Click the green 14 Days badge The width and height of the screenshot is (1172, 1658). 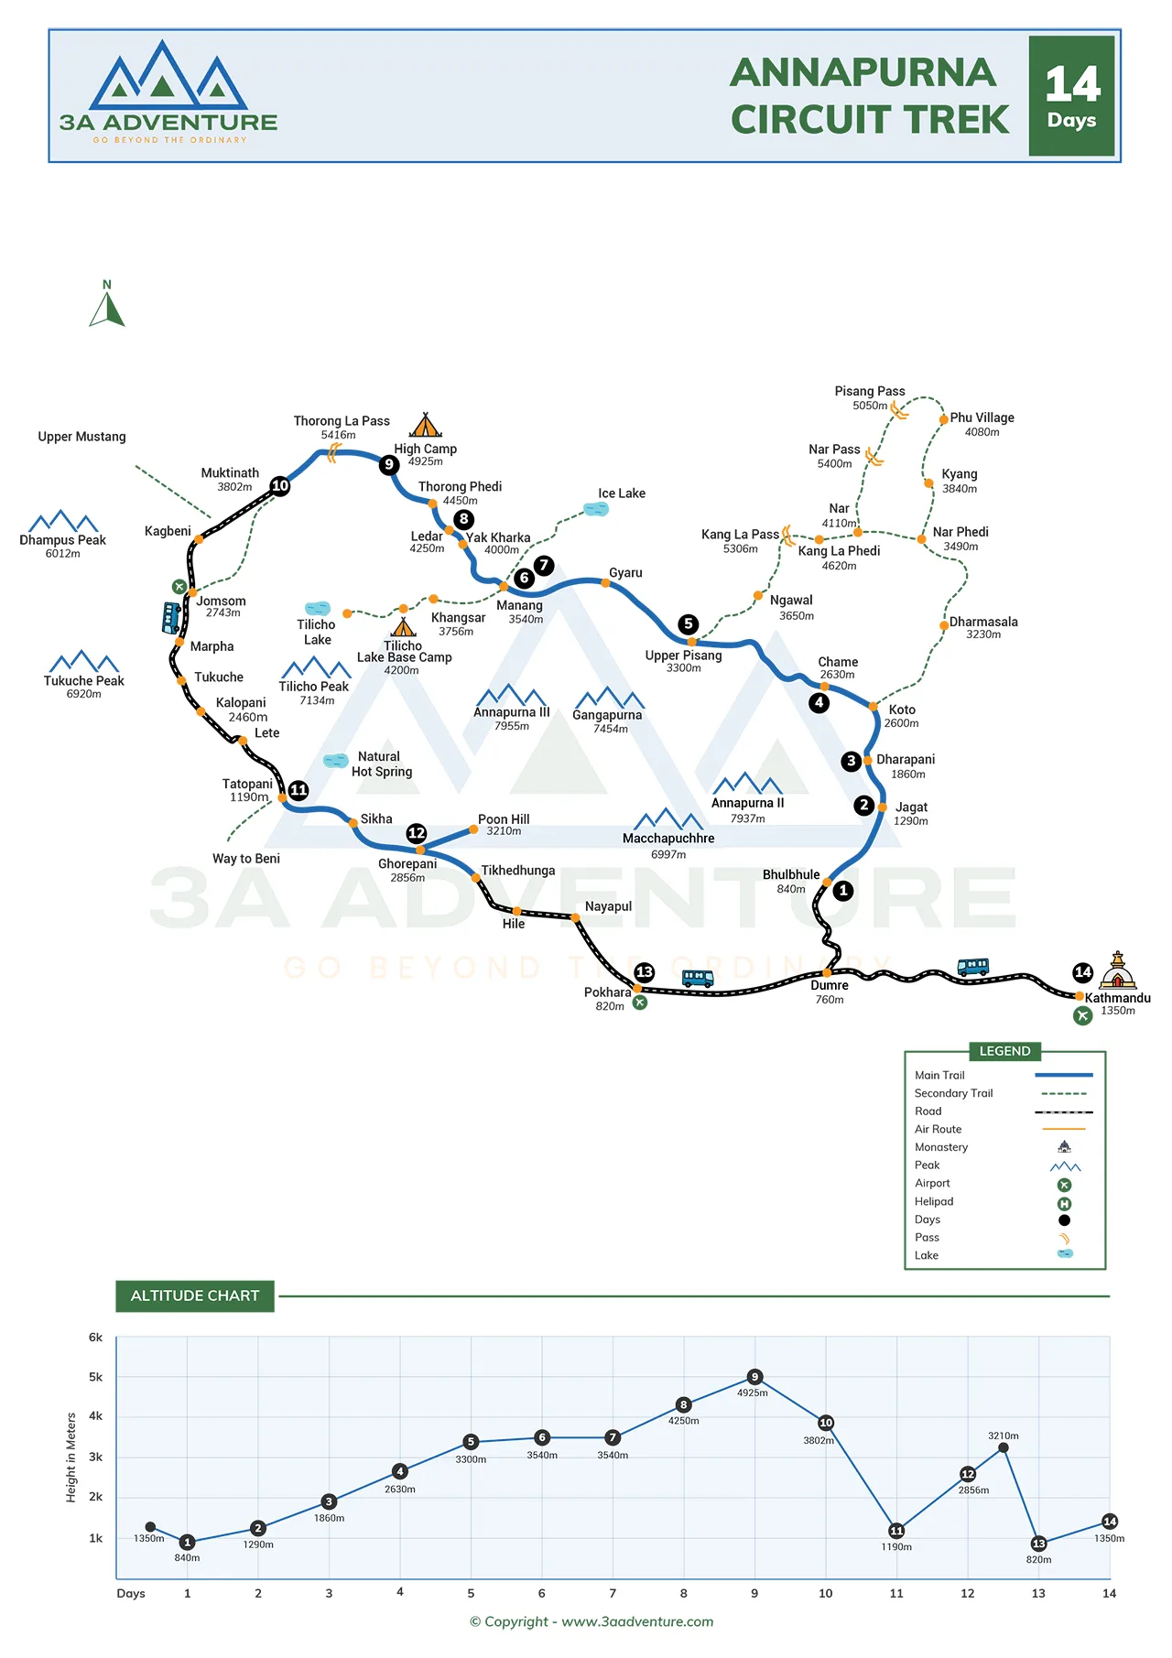pyautogui.click(x=1071, y=96)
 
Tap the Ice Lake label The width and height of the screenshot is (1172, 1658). pyautogui.click(x=622, y=493)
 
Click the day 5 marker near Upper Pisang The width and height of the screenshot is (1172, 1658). pyautogui.click(x=689, y=623)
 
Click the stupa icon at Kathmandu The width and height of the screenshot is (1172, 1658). pyautogui.click(x=1117, y=970)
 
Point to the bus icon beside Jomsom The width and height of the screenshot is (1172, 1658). pyautogui.click(x=171, y=618)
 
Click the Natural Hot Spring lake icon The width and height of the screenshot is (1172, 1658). pyautogui.click(x=336, y=760)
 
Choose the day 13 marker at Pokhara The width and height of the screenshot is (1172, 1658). pyautogui.click(x=645, y=971)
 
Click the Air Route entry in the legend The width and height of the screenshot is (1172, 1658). pyautogui.click(x=939, y=1130)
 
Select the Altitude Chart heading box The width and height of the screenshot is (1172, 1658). pyautogui.click(x=195, y=1295)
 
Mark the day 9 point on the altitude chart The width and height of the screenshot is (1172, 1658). pyautogui.click(x=754, y=1377)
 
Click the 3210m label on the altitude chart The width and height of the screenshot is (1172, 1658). pyautogui.click(x=1003, y=1436)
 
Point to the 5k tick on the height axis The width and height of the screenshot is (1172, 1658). pyautogui.click(x=96, y=1377)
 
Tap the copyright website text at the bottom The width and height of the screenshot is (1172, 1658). pyautogui.click(x=591, y=1621)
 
